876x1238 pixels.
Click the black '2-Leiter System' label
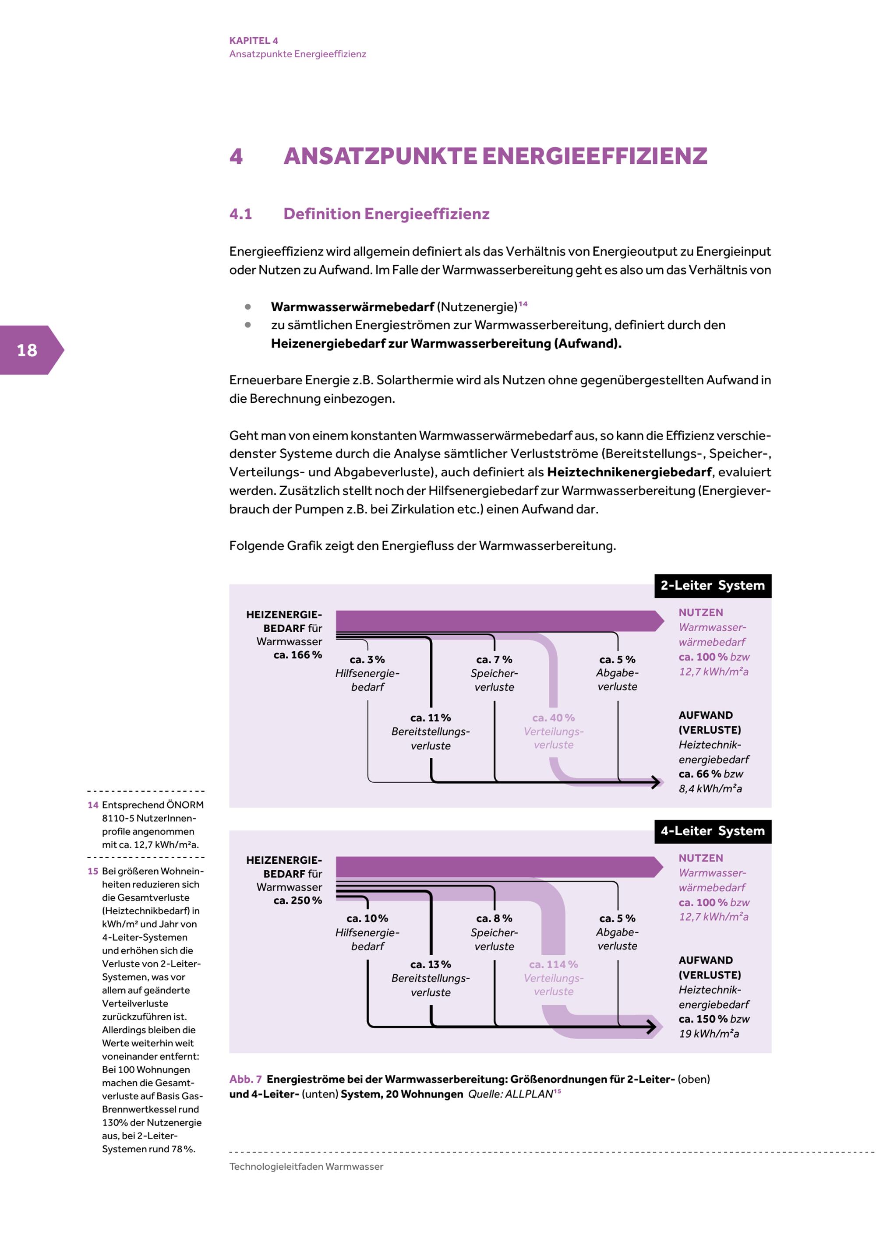click(712, 586)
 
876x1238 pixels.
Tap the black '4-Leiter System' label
click(712, 831)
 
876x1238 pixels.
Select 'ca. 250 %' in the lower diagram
click(297, 900)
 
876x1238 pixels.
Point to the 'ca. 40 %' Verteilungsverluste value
click(554, 717)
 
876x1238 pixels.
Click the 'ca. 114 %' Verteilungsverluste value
click(554, 964)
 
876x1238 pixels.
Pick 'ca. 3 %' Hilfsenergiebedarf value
click(367, 659)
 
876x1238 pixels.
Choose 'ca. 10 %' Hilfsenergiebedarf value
click(367, 918)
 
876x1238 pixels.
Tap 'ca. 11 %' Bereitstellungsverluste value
click(431, 717)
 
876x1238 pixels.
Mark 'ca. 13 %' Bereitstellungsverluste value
click(431, 964)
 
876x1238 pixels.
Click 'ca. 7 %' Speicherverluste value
click(494, 659)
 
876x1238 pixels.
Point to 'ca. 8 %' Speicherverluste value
click(494, 918)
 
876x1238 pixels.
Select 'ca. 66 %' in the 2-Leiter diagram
click(699, 774)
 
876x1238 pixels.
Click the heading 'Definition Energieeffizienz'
click(386, 214)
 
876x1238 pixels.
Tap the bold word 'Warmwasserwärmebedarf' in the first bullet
click(352, 307)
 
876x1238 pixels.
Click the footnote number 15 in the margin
click(93, 871)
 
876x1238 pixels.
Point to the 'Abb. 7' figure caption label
click(245, 1079)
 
